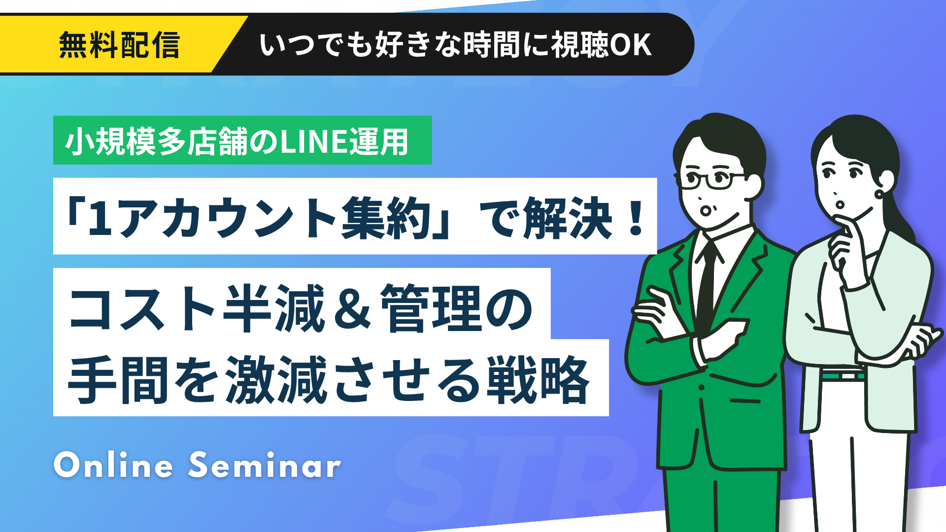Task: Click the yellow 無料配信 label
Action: tap(119, 45)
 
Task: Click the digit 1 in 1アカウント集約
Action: tap(101, 218)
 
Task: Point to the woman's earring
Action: tap(879, 193)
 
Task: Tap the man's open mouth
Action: tap(706, 211)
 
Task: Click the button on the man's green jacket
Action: tap(701, 387)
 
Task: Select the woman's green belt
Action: tap(843, 375)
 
